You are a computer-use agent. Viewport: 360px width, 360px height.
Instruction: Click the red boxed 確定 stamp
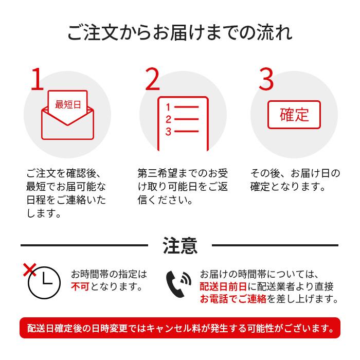pos(294,114)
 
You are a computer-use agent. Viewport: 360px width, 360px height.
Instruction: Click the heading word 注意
pos(180,245)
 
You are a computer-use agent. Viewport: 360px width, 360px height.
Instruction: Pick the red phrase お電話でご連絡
pos(233,299)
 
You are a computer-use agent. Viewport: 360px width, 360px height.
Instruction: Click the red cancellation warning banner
pos(180,328)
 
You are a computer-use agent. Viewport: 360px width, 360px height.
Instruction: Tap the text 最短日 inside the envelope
pos(68,105)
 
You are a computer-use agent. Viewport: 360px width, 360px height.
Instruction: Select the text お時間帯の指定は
pos(109,274)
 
